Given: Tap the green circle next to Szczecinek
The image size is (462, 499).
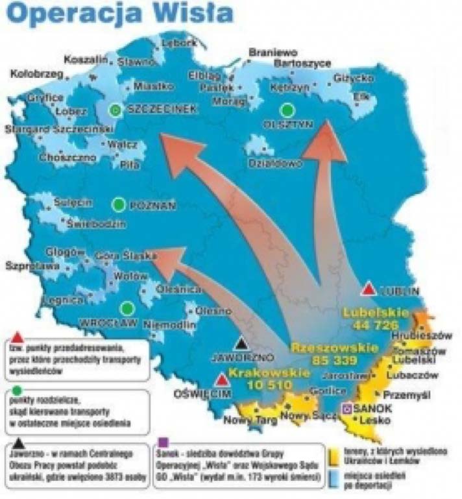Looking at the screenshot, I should coord(115,110).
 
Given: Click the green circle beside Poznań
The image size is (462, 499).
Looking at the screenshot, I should coord(118,205).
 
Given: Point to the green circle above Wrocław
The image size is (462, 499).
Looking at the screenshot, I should coord(127,308).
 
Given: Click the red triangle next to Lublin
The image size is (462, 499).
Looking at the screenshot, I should coord(369,289).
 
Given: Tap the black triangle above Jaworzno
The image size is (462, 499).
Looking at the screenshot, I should coord(243,344).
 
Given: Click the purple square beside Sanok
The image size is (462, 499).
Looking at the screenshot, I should coord(347,408).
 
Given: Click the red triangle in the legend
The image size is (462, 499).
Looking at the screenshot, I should coord(18,337).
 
